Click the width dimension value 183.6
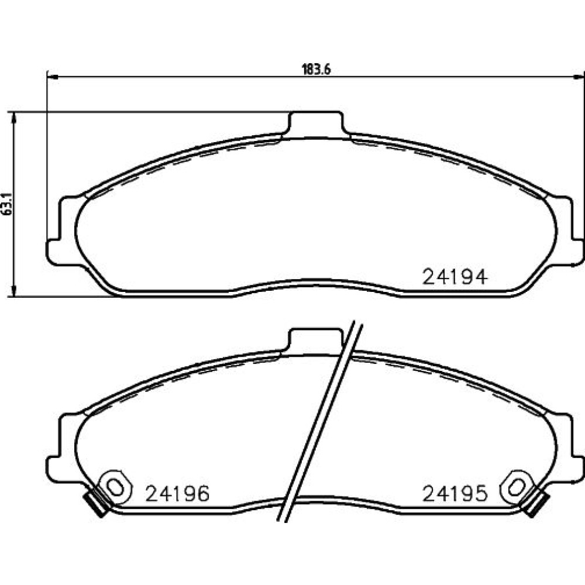point(316,70)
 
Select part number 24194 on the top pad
point(455,277)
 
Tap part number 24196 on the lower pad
point(178,494)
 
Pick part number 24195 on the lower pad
point(455,494)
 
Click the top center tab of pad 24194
point(316,123)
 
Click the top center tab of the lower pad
point(316,340)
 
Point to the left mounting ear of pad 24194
point(61,231)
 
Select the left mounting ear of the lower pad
point(61,448)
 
